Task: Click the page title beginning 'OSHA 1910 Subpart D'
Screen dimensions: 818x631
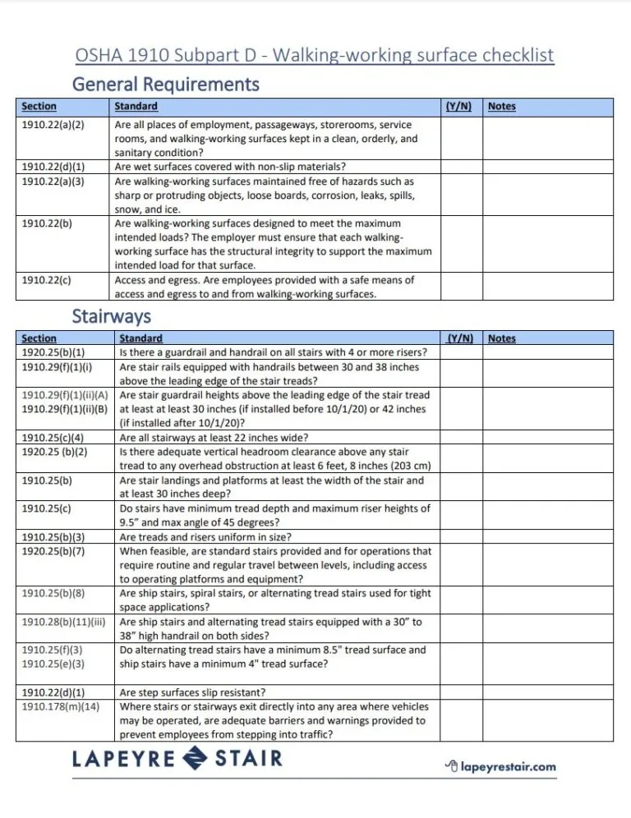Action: point(315,55)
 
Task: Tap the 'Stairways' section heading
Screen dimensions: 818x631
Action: point(111,315)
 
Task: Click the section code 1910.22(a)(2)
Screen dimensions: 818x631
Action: point(53,125)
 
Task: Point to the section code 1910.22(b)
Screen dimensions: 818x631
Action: point(46,223)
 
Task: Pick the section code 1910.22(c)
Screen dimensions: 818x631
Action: point(46,280)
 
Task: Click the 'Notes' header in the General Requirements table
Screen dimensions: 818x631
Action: point(502,107)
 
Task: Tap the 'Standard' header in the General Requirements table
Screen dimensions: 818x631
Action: point(136,107)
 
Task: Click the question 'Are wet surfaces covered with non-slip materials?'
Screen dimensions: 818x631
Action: point(230,167)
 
